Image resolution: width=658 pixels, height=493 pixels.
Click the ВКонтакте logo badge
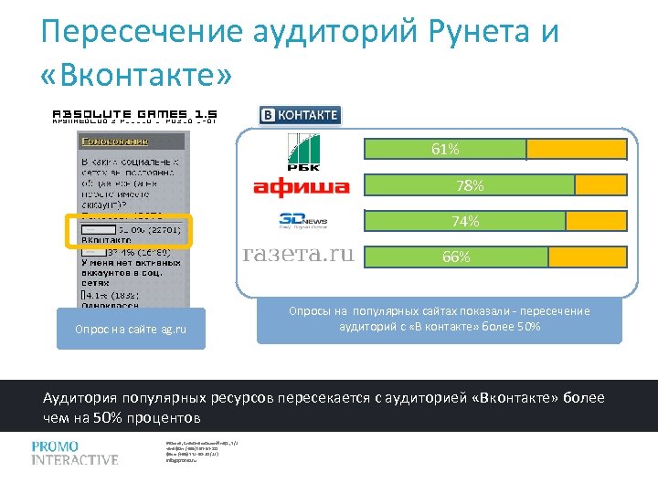pos(300,115)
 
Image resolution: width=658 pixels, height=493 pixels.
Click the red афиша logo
pos(301,188)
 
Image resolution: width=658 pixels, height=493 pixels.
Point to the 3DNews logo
pos(302,222)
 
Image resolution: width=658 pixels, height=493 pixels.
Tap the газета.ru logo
pos(298,255)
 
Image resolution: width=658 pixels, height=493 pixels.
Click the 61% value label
pos(446,150)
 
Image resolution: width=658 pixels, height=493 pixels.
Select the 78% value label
pos(471,185)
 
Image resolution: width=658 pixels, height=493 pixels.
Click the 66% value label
pos(457,257)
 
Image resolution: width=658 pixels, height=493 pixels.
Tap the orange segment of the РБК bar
pos(577,150)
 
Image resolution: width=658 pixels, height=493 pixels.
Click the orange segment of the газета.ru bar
pos(588,257)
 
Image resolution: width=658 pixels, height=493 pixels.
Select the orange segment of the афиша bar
pos(600,185)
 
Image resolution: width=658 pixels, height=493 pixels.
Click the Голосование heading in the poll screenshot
pos(116,142)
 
